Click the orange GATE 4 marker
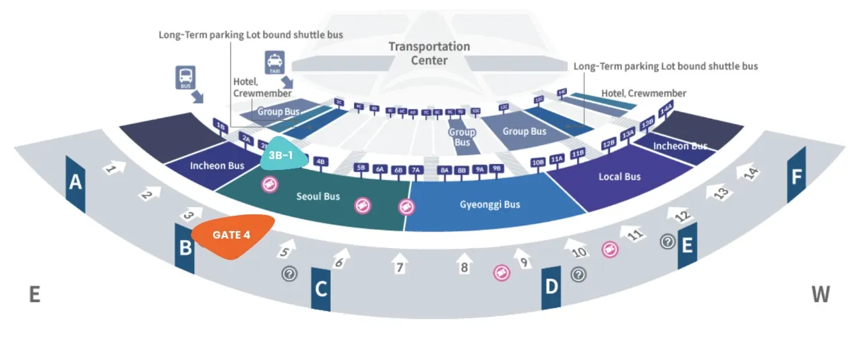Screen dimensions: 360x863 tap(232, 236)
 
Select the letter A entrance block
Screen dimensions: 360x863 tap(76, 183)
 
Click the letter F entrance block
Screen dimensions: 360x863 tap(797, 177)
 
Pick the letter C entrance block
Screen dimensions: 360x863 tap(321, 289)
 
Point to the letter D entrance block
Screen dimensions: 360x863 tap(552, 288)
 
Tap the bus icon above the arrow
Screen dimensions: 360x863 tap(186, 77)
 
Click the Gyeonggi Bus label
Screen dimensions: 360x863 tap(490, 204)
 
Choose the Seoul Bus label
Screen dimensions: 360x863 tap(318, 196)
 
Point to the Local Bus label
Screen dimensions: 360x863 tap(620, 177)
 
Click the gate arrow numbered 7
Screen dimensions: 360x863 tap(399, 264)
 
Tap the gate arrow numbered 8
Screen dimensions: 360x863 tap(464, 264)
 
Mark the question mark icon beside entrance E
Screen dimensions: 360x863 tap(667, 241)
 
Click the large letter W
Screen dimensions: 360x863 tap(821, 295)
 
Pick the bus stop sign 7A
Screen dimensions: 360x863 tap(416, 170)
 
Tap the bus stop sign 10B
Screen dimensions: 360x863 tap(538, 162)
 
